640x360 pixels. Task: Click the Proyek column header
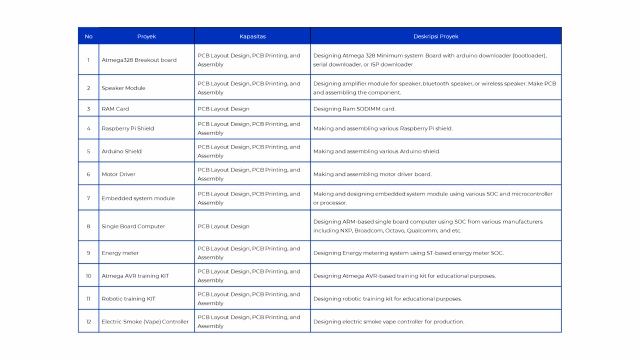coord(146,36)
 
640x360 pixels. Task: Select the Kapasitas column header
coord(252,36)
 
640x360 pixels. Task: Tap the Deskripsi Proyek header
coord(435,36)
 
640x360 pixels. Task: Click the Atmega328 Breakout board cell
coord(139,60)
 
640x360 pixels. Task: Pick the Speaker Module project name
coord(123,88)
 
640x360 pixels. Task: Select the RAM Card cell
coord(115,108)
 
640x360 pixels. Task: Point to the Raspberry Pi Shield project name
coord(127,128)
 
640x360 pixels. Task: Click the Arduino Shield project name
coord(121,151)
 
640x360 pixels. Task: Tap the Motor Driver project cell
coord(118,174)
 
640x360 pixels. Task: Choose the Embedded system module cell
coord(138,198)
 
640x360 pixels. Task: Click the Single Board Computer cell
coord(133,226)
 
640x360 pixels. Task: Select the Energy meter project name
coord(120,253)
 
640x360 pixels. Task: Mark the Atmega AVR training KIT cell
coord(135,276)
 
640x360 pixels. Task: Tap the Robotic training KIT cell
coord(128,299)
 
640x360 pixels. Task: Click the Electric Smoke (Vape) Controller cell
coord(145,322)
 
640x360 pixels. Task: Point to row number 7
coord(88,198)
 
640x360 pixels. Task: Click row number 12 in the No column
coord(88,322)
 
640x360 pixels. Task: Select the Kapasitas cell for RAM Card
coord(223,108)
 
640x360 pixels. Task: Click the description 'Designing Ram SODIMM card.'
coord(354,108)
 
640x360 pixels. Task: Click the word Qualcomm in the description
coord(421,231)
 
